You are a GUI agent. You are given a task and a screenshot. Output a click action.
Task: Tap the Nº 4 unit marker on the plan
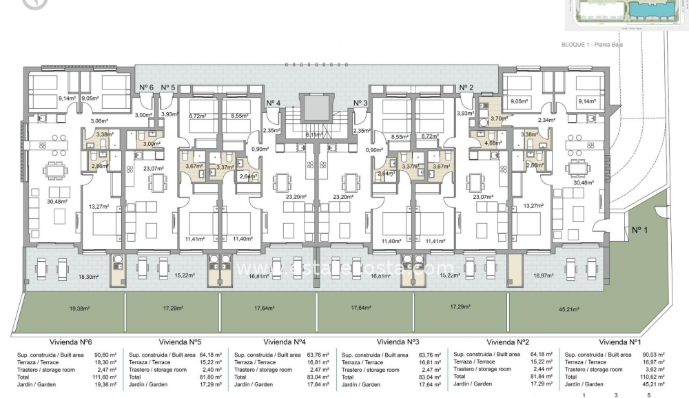click(x=274, y=103)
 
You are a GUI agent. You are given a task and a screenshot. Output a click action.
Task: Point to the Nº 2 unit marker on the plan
click(x=466, y=87)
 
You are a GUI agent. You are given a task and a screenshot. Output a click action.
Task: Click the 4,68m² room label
click(x=492, y=143)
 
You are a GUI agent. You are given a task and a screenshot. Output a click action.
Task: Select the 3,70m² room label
click(x=499, y=118)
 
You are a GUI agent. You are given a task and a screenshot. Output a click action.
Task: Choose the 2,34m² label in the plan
click(x=546, y=121)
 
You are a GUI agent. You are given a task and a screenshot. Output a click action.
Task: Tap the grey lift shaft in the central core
click(x=316, y=108)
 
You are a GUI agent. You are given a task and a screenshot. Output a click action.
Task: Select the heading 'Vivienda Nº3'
click(x=398, y=342)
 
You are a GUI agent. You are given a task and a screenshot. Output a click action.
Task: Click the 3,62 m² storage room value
click(x=656, y=370)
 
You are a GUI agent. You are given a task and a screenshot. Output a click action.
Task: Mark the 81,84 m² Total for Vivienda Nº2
click(x=542, y=377)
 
